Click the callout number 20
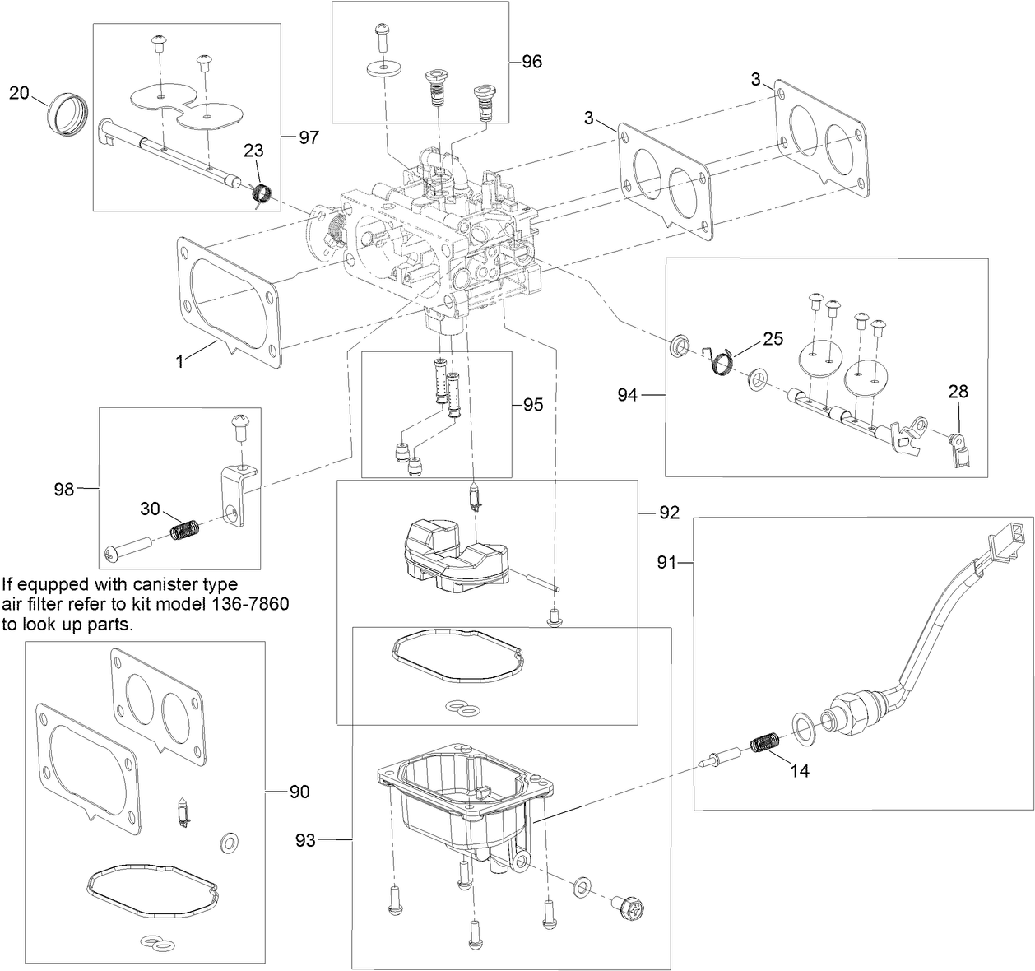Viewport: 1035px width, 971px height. coord(19,93)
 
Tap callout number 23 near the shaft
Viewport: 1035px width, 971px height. coord(254,151)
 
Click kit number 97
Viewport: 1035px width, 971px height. coord(309,137)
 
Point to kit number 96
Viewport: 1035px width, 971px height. coord(532,62)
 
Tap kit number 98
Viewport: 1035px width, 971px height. coord(64,489)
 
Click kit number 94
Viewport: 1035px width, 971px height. coord(628,396)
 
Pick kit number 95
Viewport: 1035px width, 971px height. coord(532,405)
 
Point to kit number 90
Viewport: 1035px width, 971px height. coord(299,792)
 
